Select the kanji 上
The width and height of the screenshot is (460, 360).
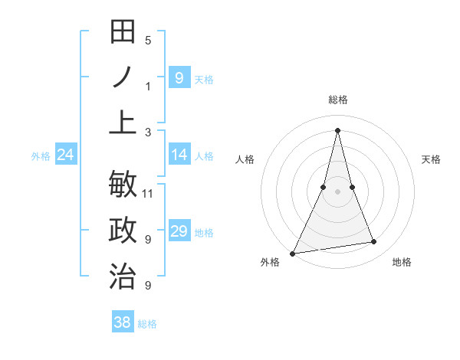click(x=123, y=123)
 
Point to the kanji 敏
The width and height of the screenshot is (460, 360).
click(x=123, y=185)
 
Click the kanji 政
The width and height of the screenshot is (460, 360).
click(x=123, y=231)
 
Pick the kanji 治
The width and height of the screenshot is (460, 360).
click(x=123, y=277)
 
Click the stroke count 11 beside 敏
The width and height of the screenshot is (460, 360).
click(x=149, y=193)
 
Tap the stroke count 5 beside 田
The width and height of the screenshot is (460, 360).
click(x=148, y=40)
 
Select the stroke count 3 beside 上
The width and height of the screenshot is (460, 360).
click(x=148, y=132)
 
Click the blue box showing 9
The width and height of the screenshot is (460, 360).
click(x=179, y=78)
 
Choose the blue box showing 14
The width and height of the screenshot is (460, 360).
click(x=179, y=155)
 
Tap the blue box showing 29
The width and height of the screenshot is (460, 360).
click(x=179, y=231)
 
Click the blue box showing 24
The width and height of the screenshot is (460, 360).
click(x=65, y=155)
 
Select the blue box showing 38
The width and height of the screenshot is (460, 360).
click(x=122, y=323)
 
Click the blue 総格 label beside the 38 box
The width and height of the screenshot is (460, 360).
click(x=147, y=324)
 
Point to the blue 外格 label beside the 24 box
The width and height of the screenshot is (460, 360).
click(x=41, y=156)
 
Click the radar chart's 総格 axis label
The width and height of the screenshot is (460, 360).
click(x=337, y=100)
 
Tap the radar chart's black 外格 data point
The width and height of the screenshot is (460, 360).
click(x=292, y=253)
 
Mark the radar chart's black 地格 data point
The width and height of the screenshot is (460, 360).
click(x=374, y=242)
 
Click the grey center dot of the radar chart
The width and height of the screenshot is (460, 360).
click(x=337, y=191)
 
